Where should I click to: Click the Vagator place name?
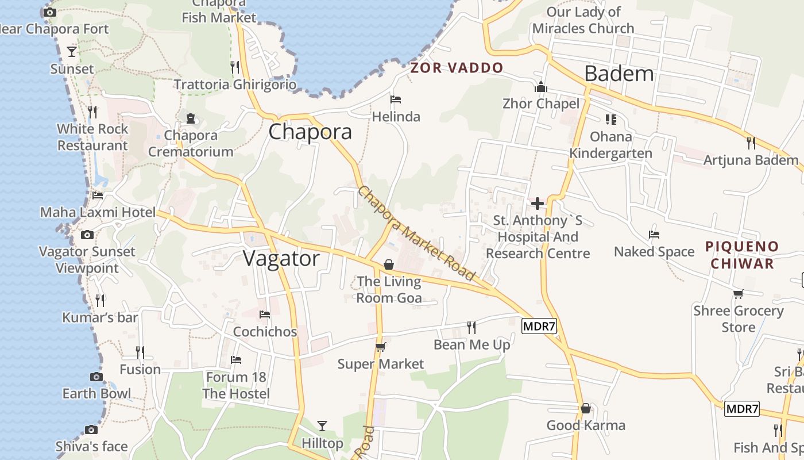coord(281,259)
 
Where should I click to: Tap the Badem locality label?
coord(619,74)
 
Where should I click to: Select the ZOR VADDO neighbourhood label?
coord(457,68)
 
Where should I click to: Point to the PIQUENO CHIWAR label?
coord(742,255)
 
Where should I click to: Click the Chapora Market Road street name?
coord(416,233)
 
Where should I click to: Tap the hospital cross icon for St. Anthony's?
coord(538,204)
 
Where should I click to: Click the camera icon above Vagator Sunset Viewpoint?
coord(87,235)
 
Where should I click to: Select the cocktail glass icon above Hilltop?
coord(322,426)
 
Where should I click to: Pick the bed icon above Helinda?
coord(396,99)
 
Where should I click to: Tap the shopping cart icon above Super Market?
coord(380,347)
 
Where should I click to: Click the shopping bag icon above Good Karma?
coord(586,408)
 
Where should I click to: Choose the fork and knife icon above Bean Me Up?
coord(471,328)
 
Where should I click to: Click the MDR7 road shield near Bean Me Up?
coord(539,327)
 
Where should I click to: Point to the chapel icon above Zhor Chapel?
coord(541,87)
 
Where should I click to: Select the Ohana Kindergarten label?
coord(610,145)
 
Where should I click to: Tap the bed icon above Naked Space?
coord(654,235)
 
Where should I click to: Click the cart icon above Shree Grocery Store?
coord(738,294)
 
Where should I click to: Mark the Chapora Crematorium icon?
coord(191,118)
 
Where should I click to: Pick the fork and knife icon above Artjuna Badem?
coord(751,143)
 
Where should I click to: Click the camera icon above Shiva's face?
coord(91,430)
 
